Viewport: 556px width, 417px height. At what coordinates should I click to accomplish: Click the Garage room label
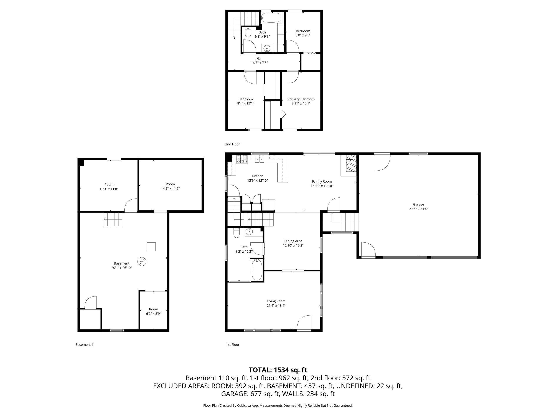(x=418, y=204)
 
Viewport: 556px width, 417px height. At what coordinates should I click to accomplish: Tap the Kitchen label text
(x=257, y=176)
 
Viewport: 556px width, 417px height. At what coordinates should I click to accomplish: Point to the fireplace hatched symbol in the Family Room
(x=351, y=164)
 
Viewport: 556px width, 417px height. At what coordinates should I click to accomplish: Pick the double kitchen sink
(x=259, y=159)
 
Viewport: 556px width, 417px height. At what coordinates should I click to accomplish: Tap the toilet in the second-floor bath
(x=248, y=32)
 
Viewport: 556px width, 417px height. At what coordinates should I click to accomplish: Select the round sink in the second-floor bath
(x=267, y=48)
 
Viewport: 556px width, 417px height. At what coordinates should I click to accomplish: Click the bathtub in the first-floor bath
(x=257, y=270)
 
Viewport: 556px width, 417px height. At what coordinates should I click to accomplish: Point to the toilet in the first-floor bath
(x=236, y=233)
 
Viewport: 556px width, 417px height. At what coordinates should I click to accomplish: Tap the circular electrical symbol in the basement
(x=142, y=262)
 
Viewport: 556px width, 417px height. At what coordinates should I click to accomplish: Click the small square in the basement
(x=151, y=247)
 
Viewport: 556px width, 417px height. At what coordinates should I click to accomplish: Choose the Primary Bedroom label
(x=301, y=99)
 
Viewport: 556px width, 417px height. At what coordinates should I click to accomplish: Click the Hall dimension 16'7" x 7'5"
(x=259, y=63)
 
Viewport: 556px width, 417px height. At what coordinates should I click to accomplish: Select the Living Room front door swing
(x=304, y=323)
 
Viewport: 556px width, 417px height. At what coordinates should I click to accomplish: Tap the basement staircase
(x=113, y=219)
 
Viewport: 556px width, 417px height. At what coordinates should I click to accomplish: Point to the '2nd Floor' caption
(x=233, y=144)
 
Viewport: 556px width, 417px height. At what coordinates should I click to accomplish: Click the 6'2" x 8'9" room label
(x=153, y=314)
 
